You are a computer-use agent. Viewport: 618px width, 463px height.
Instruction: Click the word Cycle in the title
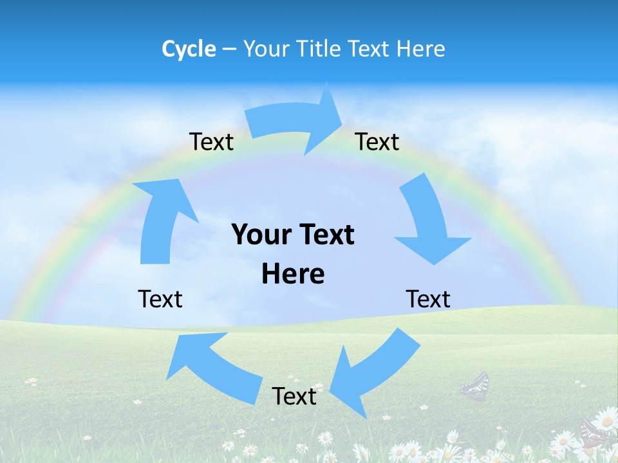189,49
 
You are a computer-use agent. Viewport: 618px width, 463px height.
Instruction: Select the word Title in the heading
321,49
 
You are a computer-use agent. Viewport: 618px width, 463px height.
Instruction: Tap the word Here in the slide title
420,49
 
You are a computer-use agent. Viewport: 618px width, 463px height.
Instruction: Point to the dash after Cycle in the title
229,50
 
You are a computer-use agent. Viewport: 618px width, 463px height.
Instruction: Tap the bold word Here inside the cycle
293,274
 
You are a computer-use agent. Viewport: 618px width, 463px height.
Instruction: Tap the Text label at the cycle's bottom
294,396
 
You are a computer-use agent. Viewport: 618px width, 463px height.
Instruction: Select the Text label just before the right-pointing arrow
211,141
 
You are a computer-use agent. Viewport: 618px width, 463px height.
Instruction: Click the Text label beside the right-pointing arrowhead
377,141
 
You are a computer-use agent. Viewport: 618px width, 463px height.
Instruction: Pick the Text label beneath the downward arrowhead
428,299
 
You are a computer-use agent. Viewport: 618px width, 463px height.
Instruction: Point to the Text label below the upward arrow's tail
160,299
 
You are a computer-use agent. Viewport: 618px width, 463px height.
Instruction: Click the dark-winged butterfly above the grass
475,386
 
